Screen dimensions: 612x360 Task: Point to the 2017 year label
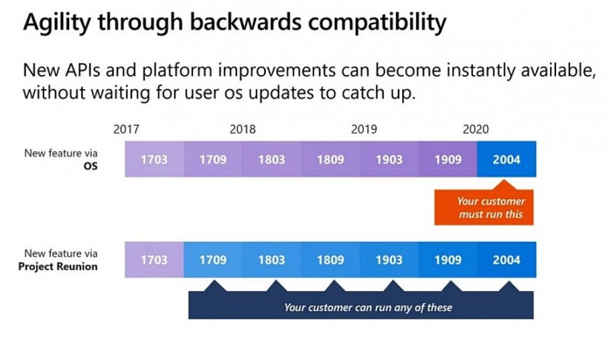click(x=126, y=129)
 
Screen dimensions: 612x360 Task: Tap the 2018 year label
click(x=242, y=129)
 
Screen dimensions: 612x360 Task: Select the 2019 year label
click(x=364, y=129)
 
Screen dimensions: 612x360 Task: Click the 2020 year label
click(x=476, y=129)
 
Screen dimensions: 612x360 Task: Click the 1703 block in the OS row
click(x=154, y=159)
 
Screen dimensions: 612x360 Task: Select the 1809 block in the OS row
click(x=330, y=159)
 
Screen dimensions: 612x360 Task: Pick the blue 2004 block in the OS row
click(x=506, y=159)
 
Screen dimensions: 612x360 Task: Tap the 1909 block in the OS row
click(x=448, y=159)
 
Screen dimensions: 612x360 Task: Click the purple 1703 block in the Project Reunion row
click(x=154, y=260)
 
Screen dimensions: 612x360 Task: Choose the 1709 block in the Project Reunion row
click(x=213, y=260)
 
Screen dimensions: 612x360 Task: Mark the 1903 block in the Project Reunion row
click(x=389, y=260)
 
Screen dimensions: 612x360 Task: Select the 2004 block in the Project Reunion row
click(x=506, y=260)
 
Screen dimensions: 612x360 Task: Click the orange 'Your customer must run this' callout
click(x=484, y=207)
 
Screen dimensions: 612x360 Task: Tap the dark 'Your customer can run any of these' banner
click(x=361, y=306)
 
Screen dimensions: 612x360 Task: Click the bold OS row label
click(x=91, y=166)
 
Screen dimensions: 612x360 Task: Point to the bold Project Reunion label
click(x=58, y=267)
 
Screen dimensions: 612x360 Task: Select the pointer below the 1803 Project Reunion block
click(x=276, y=286)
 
